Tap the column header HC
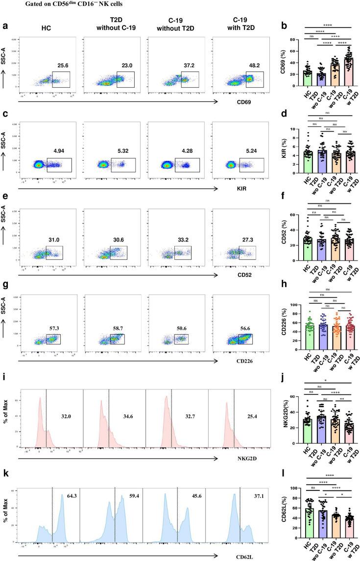click(x=49, y=25)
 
